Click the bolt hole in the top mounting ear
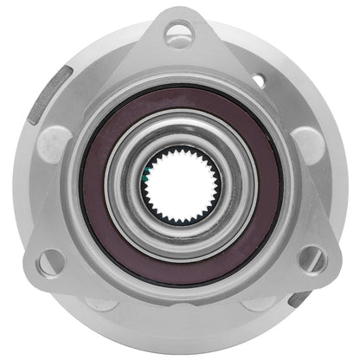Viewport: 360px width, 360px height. pyautogui.click(x=179, y=35)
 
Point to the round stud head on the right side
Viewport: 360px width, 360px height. pyautogui.click(x=305, y=144)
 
